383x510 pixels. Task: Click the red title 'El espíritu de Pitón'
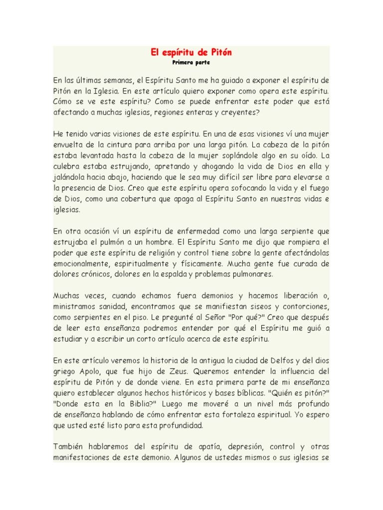tap(191, 52)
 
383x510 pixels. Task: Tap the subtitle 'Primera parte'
tap(191, 63)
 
